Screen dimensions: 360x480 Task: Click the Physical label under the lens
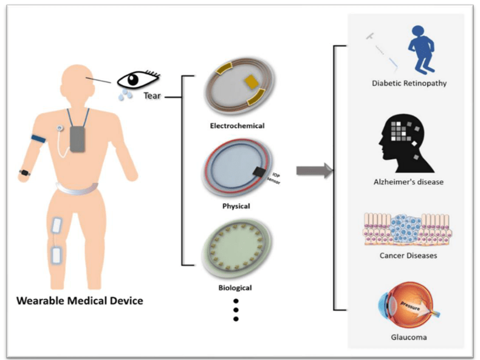tap(236, 206)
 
